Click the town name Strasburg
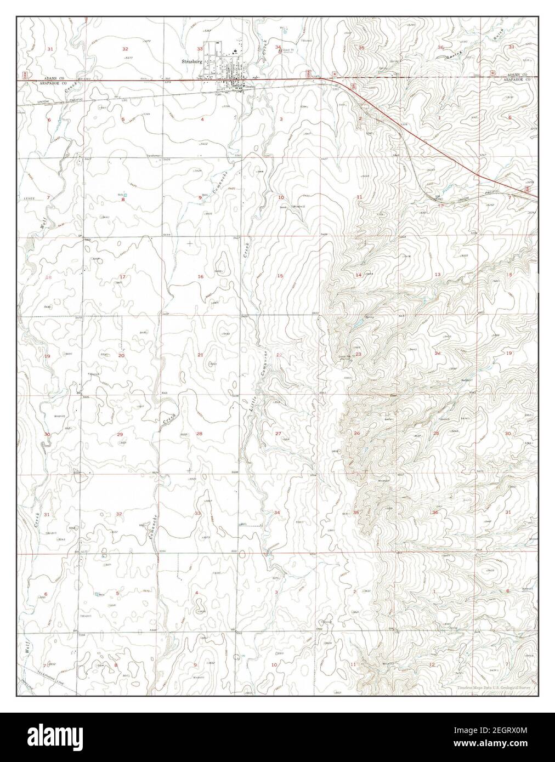pyautogui.click(x=191, y=62)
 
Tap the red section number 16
pyautogui.click(x=200, y=277)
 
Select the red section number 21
pyautogui.click(x=200, y=355)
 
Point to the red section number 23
pyautogui.click(x=358, y=355)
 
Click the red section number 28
pyautogui.click(x=199, y=434)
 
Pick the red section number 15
pyautogui.click(x=280, y=276)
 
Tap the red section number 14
pyautogui.click(x=358, y=275)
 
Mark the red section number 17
pyautogui.click(x=122, y=277)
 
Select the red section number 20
pyautogui.click(x=121, y=355)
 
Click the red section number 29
pyautogui.click(x=120, y=434)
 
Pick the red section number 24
pyautogui.click(x=438, y=354)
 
